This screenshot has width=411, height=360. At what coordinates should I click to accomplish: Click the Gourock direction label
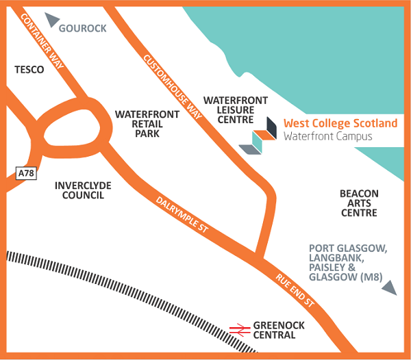[x=82, y=28]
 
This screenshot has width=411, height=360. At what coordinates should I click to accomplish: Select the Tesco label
[x=29, y=69]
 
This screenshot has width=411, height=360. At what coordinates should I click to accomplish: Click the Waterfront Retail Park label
[x=147, y=124]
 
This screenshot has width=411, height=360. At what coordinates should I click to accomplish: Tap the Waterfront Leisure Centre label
[x=242, y=110]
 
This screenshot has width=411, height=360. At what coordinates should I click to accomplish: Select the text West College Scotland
[x=340, y=123]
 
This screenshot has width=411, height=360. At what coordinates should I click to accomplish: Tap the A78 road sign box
[x=25, y=174]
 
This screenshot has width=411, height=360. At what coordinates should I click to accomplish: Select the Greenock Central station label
[x=274, y=330]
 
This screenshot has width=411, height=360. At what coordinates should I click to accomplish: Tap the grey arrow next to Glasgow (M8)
[x=388, y=288]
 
